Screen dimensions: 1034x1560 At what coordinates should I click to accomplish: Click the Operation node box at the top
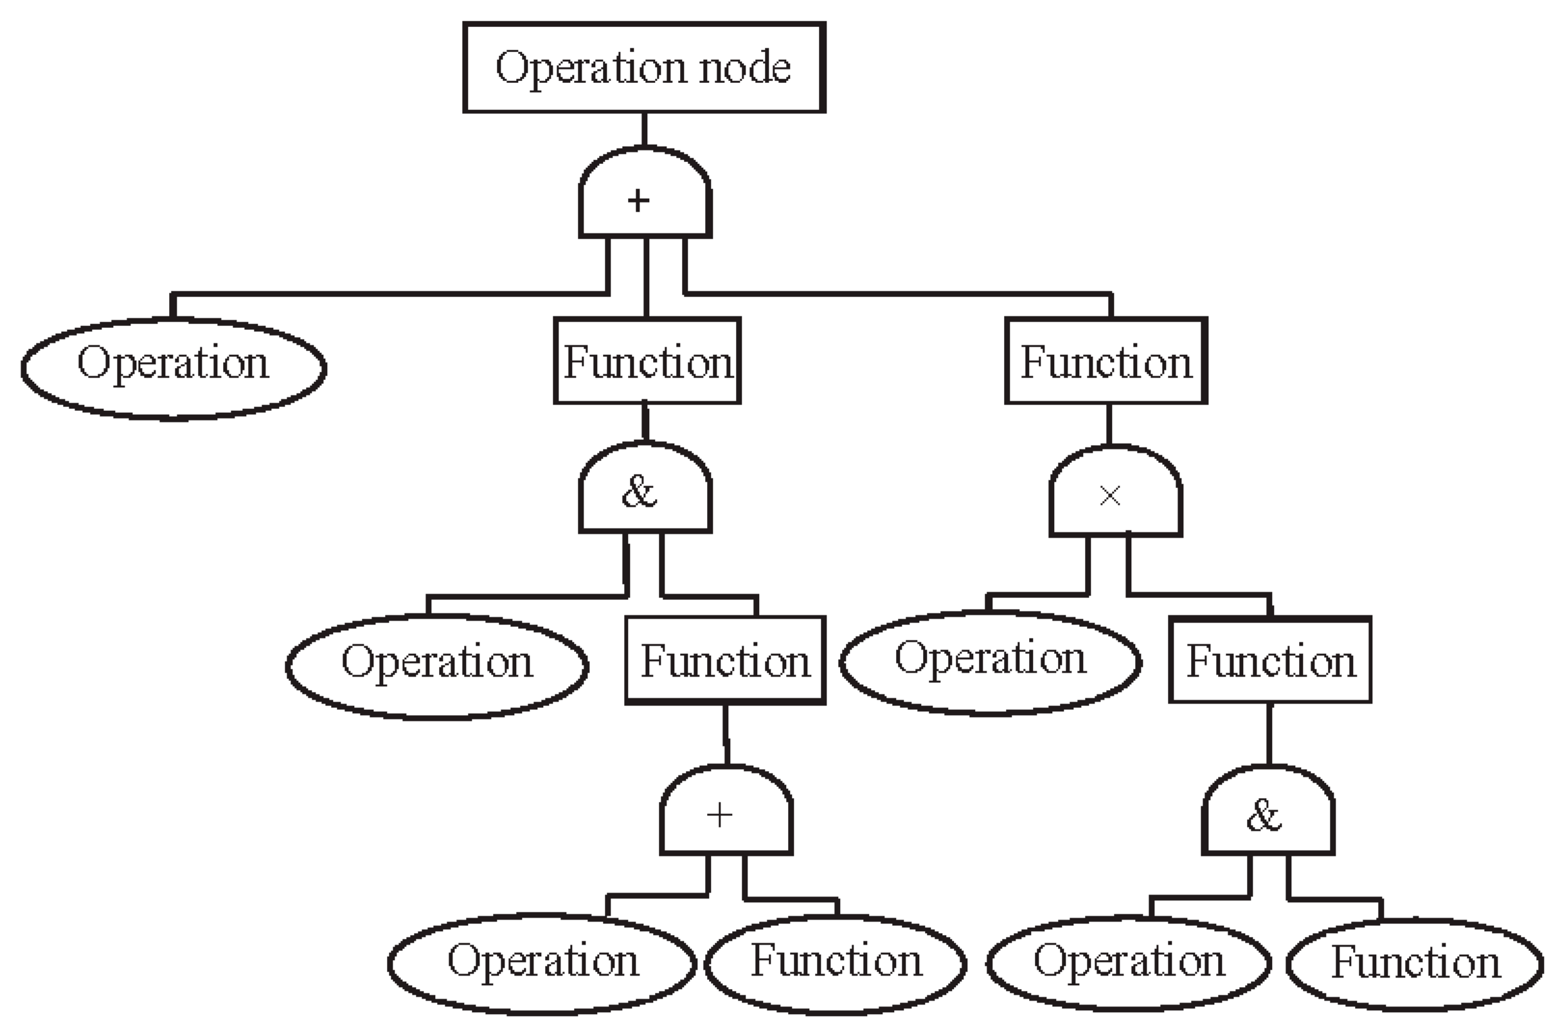644,68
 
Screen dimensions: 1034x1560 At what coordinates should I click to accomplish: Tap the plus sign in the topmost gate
638,201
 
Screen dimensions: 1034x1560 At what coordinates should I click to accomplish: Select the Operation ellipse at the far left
174,367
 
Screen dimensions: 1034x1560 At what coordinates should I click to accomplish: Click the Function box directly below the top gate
647,361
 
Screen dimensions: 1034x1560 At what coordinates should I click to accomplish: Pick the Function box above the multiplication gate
1106,361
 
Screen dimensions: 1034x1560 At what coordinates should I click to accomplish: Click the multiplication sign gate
1115,494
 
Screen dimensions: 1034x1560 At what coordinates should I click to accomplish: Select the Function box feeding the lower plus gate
725,660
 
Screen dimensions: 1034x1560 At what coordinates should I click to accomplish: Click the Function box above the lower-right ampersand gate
1270,660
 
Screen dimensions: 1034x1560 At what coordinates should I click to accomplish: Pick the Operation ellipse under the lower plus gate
542,963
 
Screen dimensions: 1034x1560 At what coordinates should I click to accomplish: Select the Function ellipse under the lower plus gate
836,963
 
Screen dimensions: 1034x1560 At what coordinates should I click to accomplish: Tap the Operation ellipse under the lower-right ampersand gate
1127,963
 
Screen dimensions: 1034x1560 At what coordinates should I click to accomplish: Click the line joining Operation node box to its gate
644,129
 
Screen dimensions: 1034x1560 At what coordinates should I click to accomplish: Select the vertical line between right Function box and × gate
1109,424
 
